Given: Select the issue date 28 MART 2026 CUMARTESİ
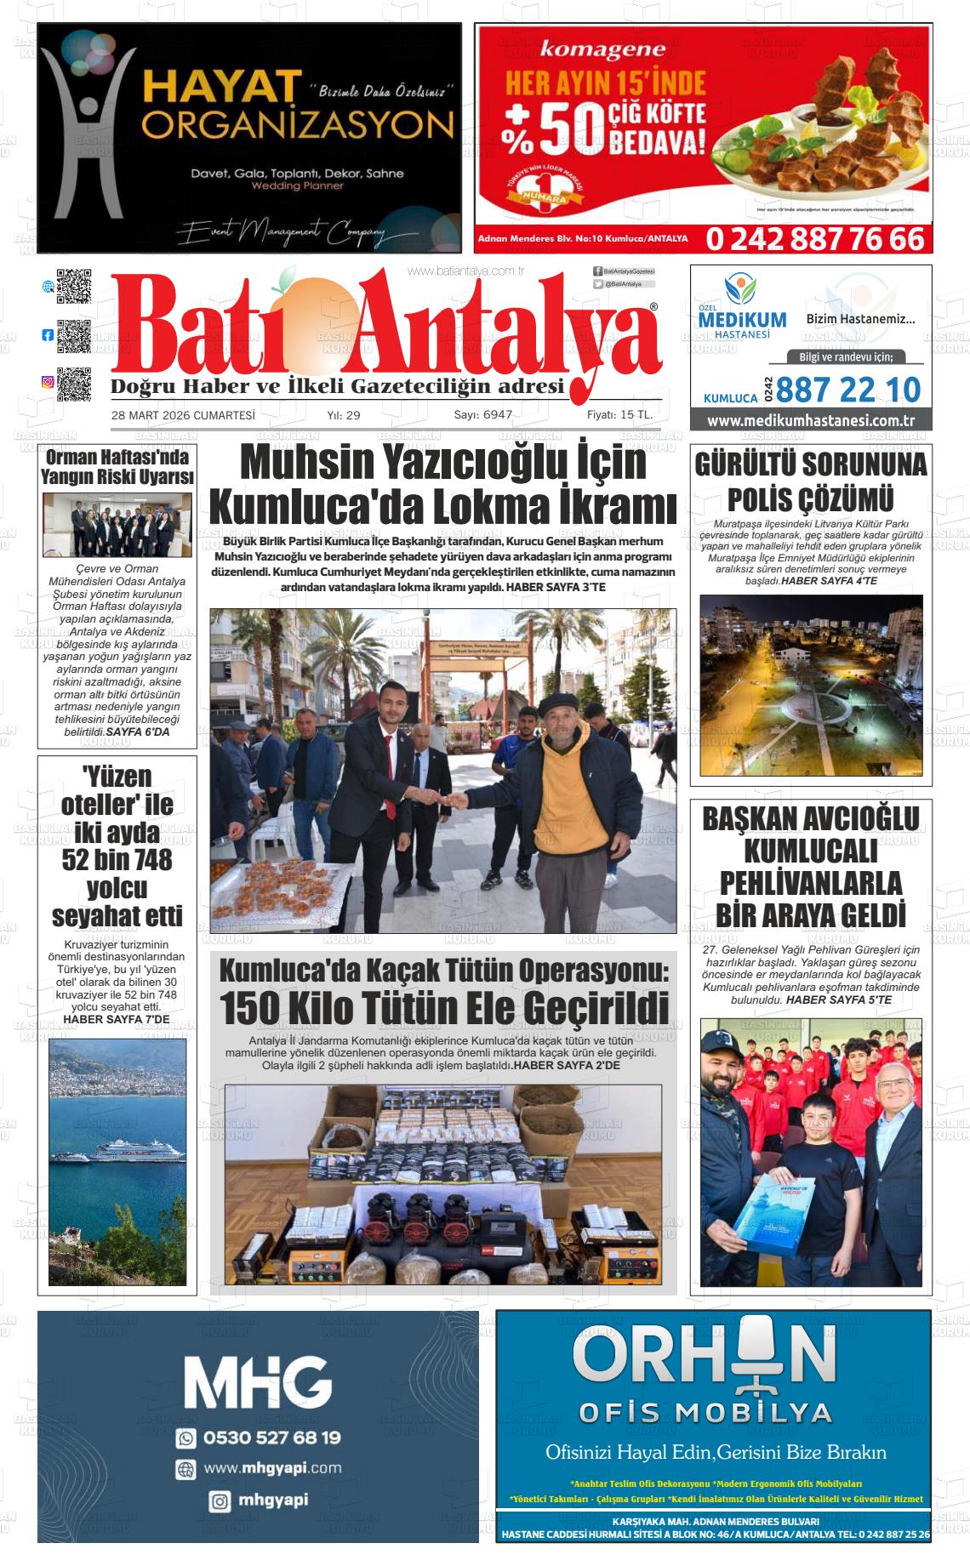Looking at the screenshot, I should click(183, 415).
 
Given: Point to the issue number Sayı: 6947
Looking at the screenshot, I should click(482, 415).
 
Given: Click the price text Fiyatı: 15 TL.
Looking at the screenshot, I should click(619, 415).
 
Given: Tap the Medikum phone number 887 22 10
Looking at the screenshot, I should click(847, 390).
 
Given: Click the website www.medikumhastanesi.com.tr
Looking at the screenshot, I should click(810, 420).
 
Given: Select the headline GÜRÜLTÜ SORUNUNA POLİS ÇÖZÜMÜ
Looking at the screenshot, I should click(810, 481).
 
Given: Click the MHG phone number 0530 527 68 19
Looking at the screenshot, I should click(271, 1438).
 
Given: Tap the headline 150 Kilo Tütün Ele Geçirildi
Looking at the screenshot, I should click(444, 1009).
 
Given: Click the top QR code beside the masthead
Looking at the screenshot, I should click(74, 287).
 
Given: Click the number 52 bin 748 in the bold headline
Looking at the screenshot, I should click(117, 860).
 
